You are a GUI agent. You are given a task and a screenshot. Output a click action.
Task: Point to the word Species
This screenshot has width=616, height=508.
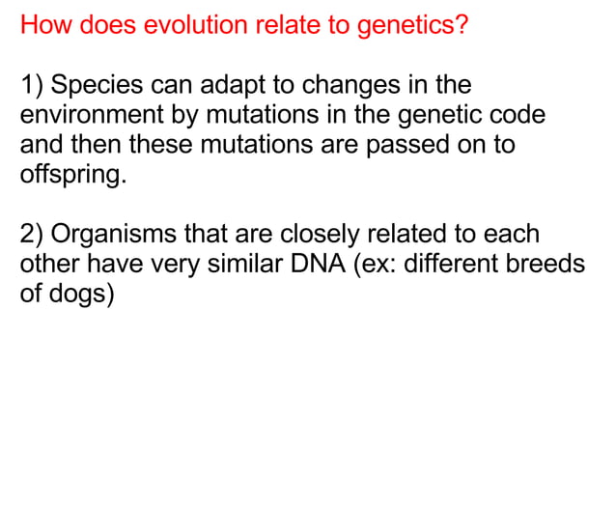[96, 86]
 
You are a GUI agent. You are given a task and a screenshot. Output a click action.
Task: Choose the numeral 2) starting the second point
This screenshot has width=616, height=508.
[33, 235]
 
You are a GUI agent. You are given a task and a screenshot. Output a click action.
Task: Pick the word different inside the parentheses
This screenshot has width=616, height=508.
[453, 265]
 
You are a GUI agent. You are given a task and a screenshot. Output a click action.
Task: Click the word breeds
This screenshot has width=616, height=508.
[547, 265]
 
